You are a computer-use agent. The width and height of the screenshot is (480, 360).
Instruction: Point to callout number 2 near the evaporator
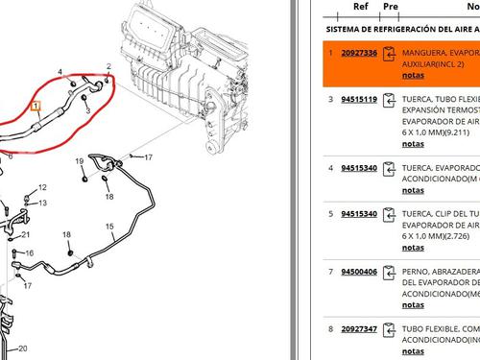click(x=108, y=66)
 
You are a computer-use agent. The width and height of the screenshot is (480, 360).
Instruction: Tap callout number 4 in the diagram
click(x=60, y=72)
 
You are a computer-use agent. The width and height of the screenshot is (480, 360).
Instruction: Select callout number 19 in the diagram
click(x=80, y=160)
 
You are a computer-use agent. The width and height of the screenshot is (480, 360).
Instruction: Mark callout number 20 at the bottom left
click(x=23, y=348)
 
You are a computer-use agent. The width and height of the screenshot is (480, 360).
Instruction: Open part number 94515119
click(x=360, y=99)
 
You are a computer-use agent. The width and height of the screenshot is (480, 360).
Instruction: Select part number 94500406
click(x=360, y=272)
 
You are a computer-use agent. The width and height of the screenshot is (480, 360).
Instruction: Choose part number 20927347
click(x=360, y=328)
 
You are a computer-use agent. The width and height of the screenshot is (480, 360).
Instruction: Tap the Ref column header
click(x=360, y=6)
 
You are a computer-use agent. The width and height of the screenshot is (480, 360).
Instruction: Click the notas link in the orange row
click(x=413, y=74)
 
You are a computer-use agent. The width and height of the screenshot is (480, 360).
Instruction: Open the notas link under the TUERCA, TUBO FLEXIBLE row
click(x=413, y=143)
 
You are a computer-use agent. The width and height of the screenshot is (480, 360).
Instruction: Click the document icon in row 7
click(x=389, y=274)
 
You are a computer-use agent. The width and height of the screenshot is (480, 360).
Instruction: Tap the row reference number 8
click(x=330, y=328)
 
